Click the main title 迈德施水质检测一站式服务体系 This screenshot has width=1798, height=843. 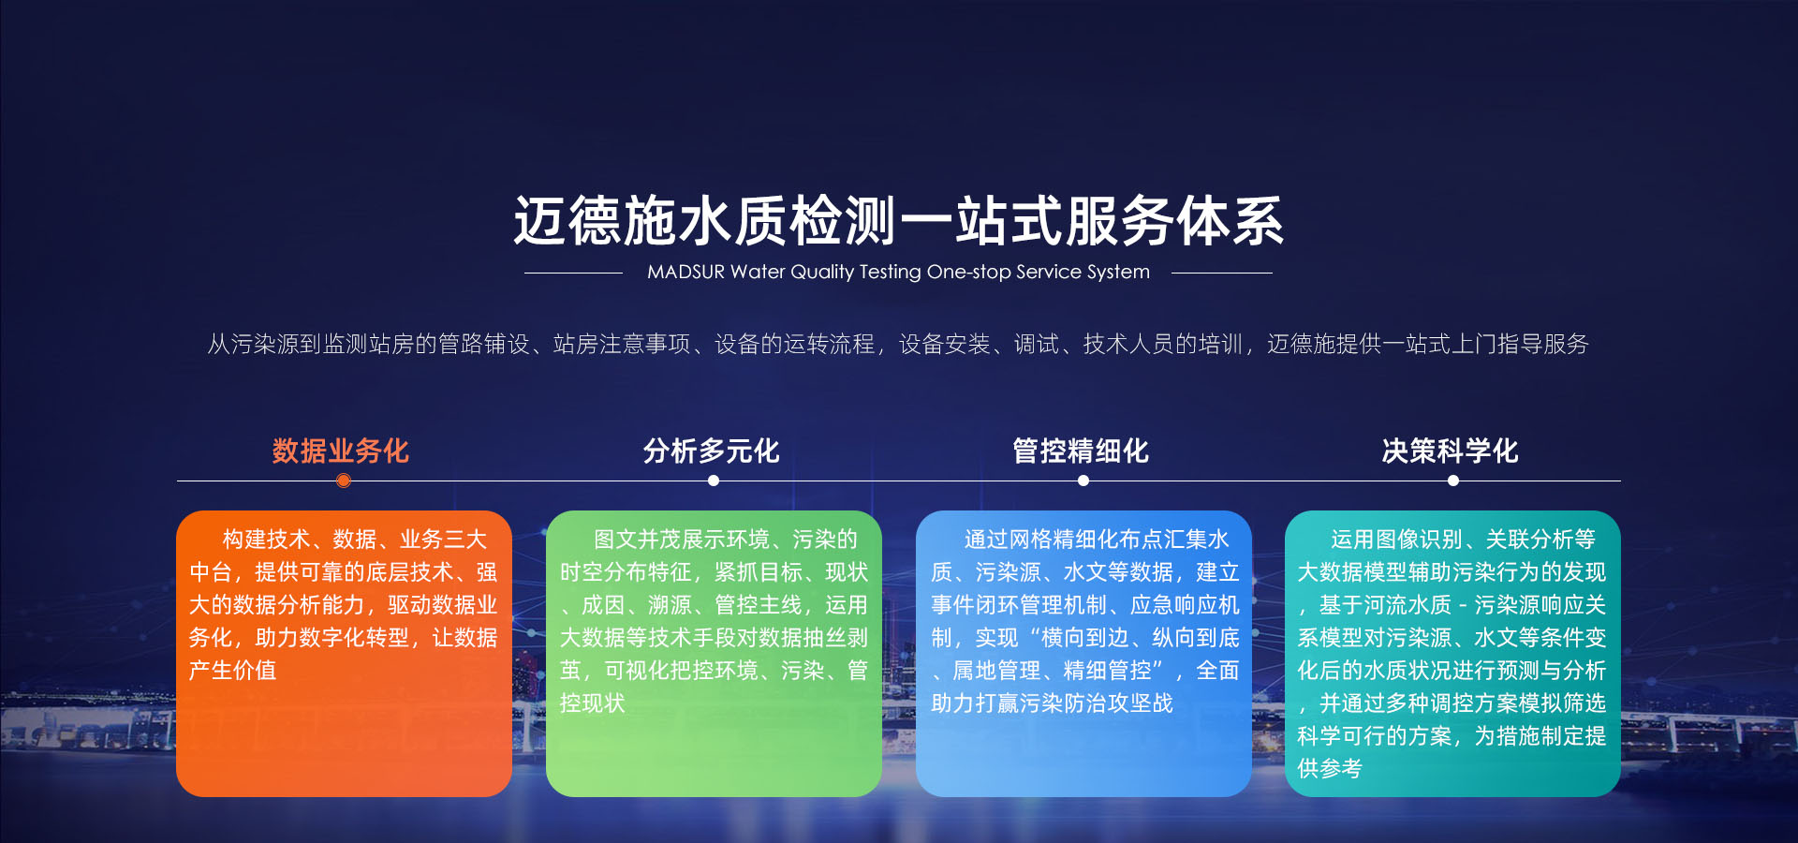click(898, 221)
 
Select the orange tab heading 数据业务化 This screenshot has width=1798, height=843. click(341, 451)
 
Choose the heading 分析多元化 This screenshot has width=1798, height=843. click(711, 451)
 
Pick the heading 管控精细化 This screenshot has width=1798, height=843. click(1081, 451)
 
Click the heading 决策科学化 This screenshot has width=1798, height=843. click(1451, 451)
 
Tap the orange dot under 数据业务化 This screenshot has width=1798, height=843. click(344, 481)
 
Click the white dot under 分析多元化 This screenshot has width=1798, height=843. click(714, 481)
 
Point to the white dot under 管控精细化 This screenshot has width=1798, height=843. click(1083, 481)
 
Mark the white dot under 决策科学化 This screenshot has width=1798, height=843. click(1453, 481)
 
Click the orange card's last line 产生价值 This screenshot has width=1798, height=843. click(232, 670)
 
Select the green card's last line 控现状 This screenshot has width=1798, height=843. click(592, 702)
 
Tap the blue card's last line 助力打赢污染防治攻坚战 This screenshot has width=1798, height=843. click(1052, 702)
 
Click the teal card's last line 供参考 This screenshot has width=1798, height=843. click(1330, 768)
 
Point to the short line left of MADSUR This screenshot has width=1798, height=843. click(573, 273)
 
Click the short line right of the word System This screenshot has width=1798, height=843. click(1221, 273)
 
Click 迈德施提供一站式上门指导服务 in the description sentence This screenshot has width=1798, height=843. click(1428, 344)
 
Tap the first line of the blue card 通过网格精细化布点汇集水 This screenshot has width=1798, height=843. click(1097, 540)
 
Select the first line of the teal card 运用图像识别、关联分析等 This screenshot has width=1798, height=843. click(1463, 540)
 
